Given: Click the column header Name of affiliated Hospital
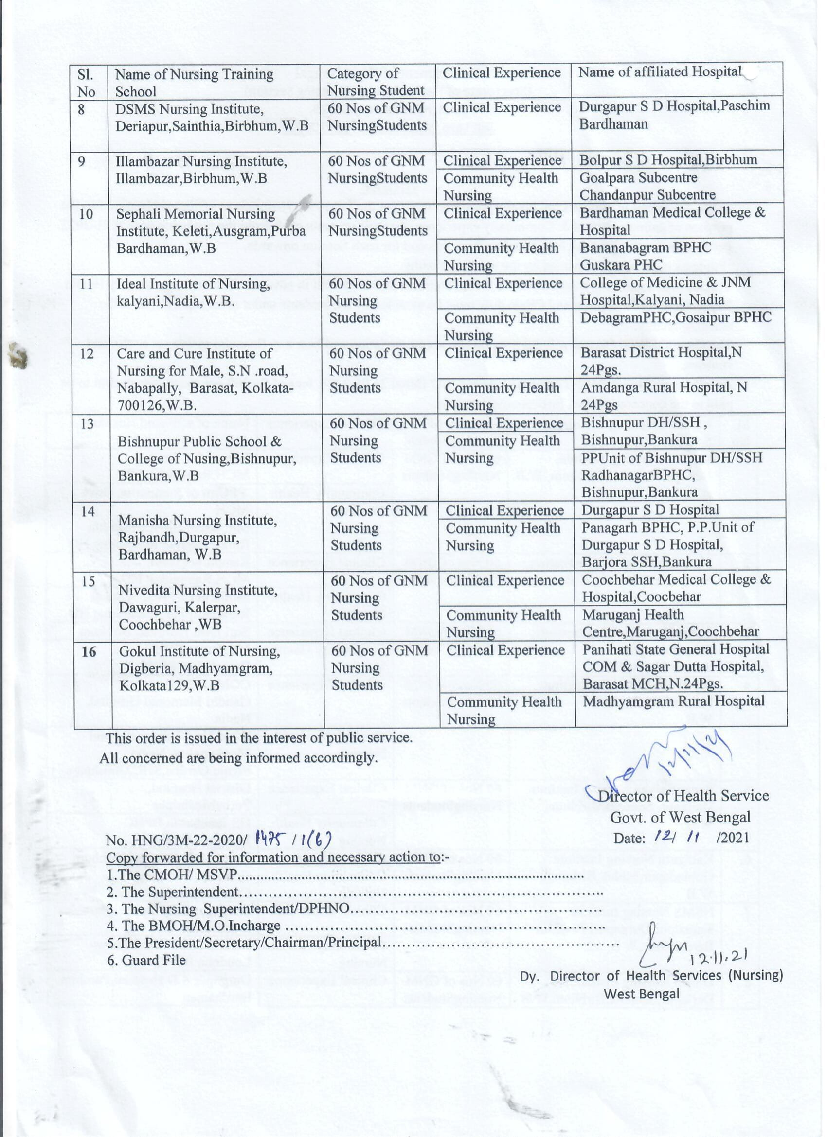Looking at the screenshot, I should click(x=659, y=72).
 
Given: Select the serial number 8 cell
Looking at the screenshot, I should click(x=81, y=109).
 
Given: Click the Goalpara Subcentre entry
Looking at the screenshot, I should click(x=638, y=178).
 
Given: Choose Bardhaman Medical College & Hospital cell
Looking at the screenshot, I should click(x=672, y=221).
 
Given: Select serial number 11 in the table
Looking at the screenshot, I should click(x=86, y=284).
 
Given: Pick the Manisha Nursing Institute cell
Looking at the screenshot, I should click(x=198, y=537).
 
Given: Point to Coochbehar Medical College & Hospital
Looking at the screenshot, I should click(x=675, y=588).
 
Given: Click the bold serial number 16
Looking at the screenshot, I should click(x=89, y=651).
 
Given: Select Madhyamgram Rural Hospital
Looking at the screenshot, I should click(x=673, y=701).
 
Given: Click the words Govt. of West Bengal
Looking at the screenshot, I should click(x=680, y=817).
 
